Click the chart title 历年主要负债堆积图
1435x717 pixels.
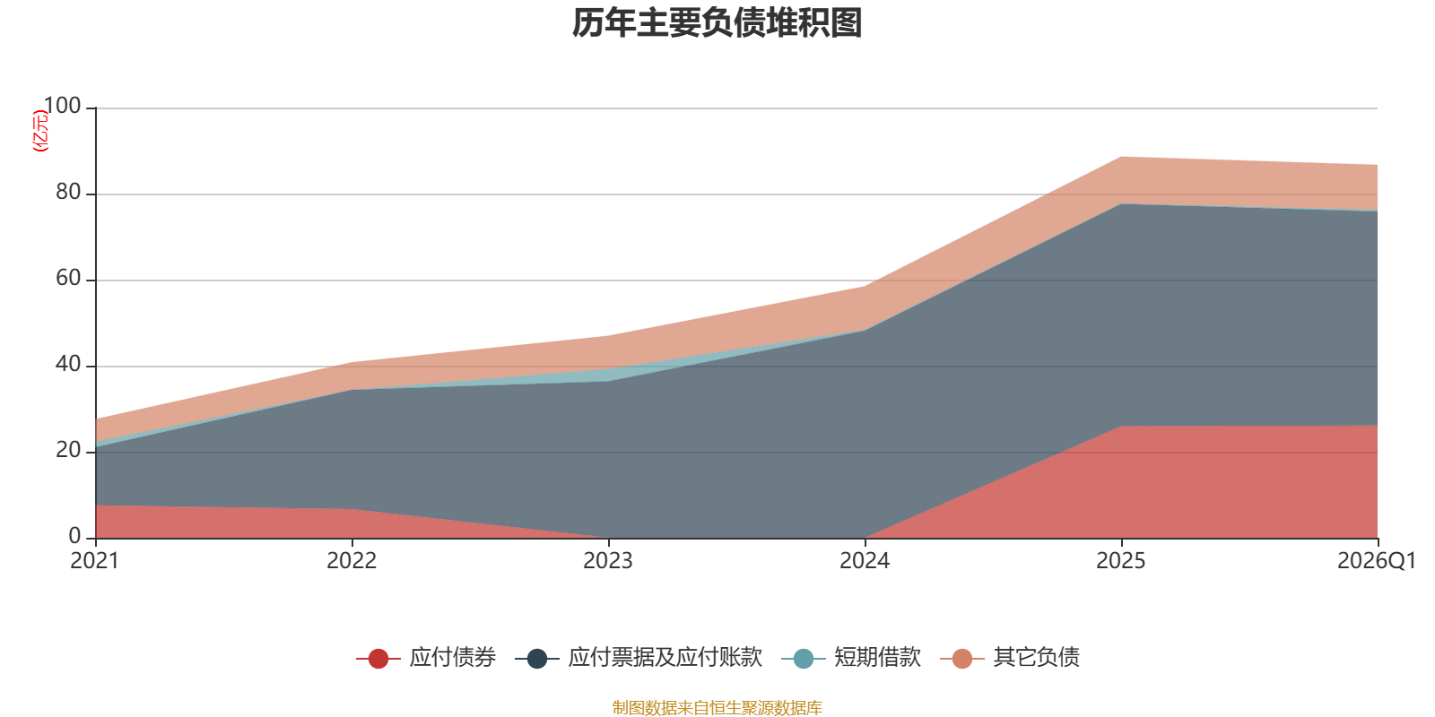(717, 23)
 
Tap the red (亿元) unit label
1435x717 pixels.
(40, 131)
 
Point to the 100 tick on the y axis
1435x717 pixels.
(62, 106)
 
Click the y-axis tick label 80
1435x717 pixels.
(68, 192)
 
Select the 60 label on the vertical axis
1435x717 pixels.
(68, 279)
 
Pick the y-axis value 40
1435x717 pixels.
(68, 364)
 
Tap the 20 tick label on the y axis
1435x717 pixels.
(68, 451)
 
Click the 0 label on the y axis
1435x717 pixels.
(75, 537)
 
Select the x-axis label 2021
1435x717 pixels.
(95, 561)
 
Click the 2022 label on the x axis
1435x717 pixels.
(352, 561)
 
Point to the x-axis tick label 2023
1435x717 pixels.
(608, 561)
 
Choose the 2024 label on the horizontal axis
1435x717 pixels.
(865, 561)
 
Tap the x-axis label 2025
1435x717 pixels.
(1121, 561)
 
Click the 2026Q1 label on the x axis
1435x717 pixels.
(1377, 561)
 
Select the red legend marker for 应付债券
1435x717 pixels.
(378, 658)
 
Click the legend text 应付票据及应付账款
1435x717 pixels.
(665, 658)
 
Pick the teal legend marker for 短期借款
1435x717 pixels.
(804, 658)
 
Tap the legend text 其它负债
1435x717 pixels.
(1037, 658)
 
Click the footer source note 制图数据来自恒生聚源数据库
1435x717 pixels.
(717, 707)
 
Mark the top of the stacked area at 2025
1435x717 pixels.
(1121, 157)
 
